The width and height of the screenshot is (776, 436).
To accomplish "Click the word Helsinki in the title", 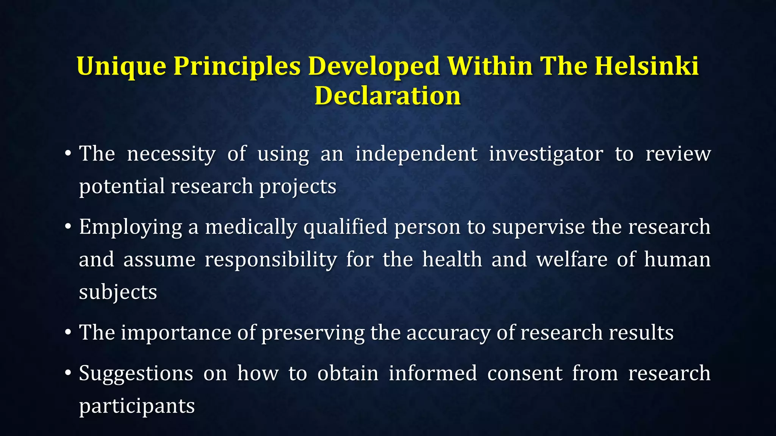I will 646,66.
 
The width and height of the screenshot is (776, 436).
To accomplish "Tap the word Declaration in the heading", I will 388,95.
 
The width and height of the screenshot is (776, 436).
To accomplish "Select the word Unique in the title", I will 121,67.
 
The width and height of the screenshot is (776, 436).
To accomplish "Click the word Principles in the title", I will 237,67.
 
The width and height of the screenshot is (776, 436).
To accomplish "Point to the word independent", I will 416,154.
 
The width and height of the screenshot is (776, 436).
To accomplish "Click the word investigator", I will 546,154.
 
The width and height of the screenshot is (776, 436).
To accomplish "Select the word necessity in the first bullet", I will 171,154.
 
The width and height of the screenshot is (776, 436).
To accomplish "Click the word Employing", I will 130,227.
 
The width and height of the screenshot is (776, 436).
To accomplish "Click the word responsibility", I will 271,260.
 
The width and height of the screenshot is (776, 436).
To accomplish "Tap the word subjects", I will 118,293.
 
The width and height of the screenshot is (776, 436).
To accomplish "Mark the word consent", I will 524,373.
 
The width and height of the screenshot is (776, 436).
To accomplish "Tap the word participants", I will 137,406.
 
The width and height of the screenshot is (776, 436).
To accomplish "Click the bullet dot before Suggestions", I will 68,374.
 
